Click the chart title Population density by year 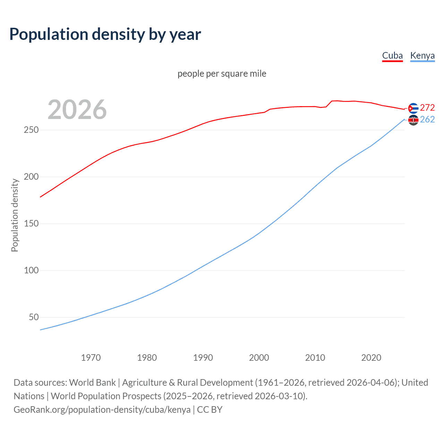tap(105, 34)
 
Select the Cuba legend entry tap(392, 56)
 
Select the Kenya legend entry tap(422, 56)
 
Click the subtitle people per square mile tap(222, 74)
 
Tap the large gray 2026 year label tap(77, 110)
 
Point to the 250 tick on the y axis tap(31, 130)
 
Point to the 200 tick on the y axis tap(31, 177)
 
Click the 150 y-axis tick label tap(31, 224)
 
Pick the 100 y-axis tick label tap(31, 271)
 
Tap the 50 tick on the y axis tap(34, 317)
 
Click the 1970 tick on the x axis tap(91, 358)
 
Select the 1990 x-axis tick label tap(203, 358)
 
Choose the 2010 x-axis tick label tap(315, 358)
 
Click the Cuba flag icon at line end tap(413, 108)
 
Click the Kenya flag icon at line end tap(413, 120)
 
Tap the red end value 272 tap(427, 108)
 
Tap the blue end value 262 tap(427, 120)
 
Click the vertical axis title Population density tap(15, 215)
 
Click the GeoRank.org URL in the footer tap(102, 410)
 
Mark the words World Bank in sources tap(92, 383)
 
